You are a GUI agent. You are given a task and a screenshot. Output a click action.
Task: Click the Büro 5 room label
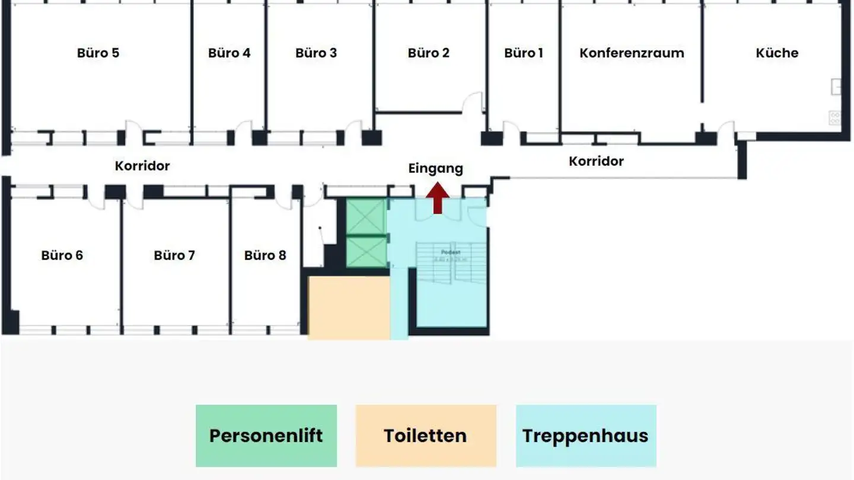(98, 53)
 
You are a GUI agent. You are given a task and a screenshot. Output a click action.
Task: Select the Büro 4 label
(229, 53)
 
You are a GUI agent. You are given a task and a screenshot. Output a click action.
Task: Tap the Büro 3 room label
(316, 53)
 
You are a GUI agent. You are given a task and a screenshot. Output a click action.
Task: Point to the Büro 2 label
(428, 53)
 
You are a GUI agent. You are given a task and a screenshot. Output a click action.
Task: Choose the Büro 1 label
(524, 53)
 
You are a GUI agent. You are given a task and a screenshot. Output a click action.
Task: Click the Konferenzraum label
(632, 53)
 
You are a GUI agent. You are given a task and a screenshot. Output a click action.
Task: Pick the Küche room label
(777, 53)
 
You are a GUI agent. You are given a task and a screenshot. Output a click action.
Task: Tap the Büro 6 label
(62, 255)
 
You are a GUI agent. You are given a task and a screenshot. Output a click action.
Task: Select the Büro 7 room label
(174, 255)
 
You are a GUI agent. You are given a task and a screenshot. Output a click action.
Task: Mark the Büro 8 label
(265, 255)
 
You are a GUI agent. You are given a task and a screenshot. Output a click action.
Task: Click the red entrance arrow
(438, 198)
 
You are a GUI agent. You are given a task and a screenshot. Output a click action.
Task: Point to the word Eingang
(435, 168)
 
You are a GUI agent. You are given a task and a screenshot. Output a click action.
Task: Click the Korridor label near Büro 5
(142, 166)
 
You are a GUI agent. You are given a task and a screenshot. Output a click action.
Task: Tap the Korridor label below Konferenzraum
(596, 161)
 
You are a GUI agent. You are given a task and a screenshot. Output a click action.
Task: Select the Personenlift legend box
(266, 436)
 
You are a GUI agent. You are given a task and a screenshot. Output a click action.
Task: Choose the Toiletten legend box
(426, 436)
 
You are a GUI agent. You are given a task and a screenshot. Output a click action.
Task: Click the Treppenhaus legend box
(586, 436)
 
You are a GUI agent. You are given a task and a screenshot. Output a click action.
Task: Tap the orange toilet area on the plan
(349, 307)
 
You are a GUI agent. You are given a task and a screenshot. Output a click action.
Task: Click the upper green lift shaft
(366, 217)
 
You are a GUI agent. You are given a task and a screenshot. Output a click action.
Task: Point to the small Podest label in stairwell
(451, 252)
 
